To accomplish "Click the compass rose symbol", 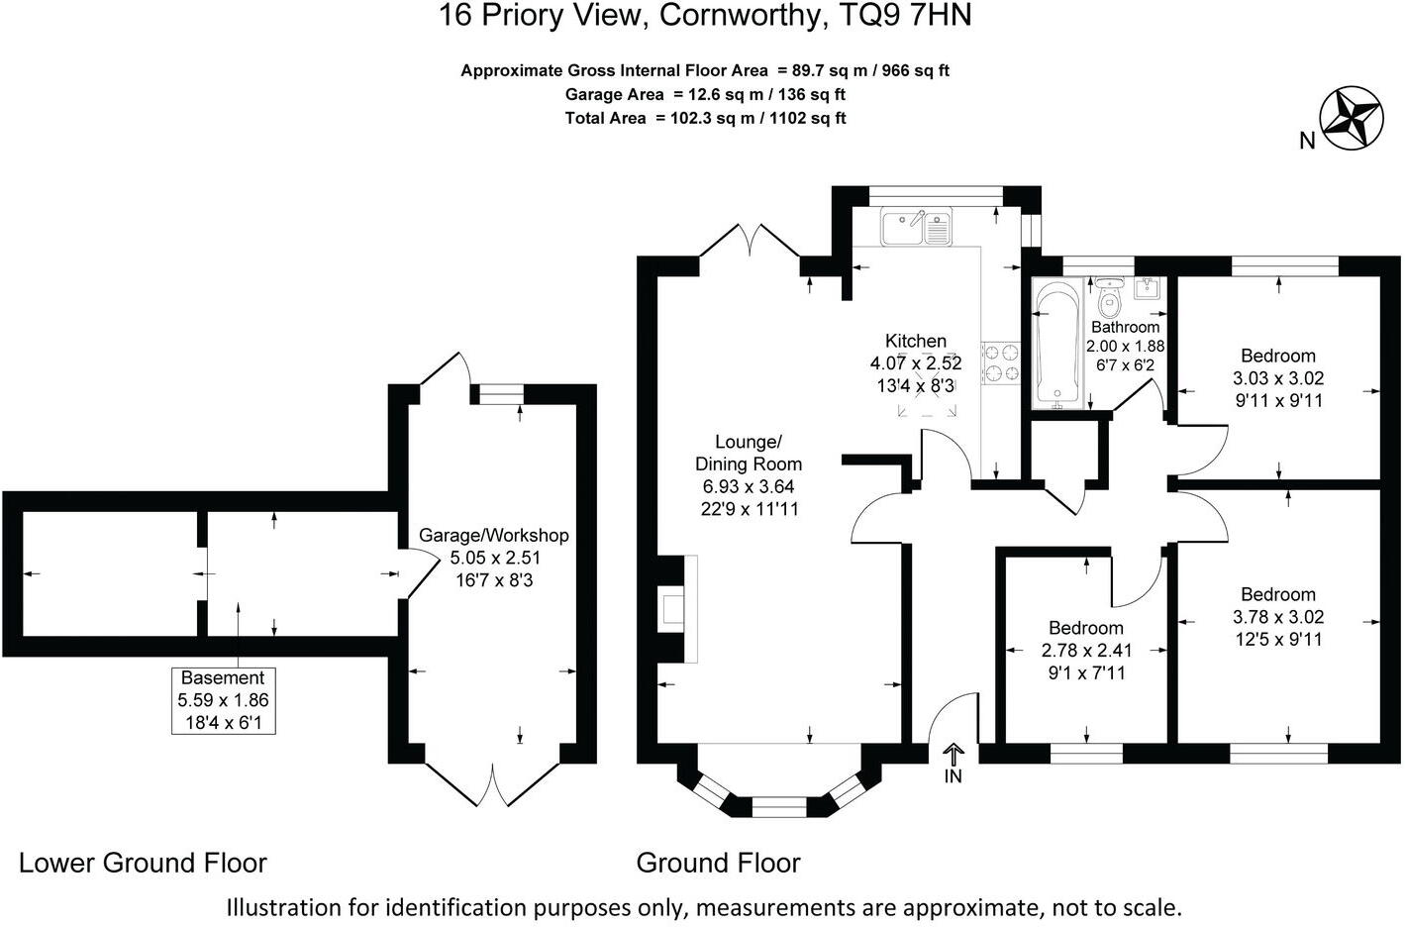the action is (1353, 119).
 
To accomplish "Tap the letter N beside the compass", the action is (1307, 142).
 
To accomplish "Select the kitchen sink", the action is (916, 228).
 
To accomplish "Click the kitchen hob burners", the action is (1000, 362).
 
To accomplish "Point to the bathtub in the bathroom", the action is (1057, 344).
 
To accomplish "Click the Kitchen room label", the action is (916, 341).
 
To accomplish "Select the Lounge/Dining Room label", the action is (749, 453).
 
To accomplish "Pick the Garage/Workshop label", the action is (494, 536).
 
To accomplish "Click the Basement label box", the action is (223, 700).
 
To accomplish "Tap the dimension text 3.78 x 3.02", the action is (1278, 617).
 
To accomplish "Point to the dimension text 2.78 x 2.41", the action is (1086, 651).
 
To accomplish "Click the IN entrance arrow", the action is (953, 764).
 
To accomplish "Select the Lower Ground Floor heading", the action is (144, 863).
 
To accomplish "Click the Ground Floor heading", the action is (718, 863).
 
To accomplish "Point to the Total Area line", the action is (705, 118).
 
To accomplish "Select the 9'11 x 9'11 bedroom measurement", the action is (1278, 400).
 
